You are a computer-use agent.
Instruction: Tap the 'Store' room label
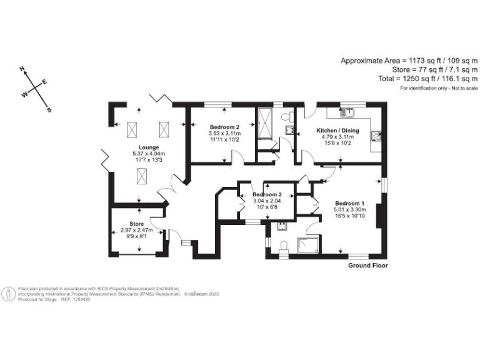point(136,224)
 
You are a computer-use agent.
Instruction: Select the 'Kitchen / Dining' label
point(337,130)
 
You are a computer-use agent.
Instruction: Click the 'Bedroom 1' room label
point(349,203)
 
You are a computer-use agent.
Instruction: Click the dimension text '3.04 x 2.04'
point(267,201)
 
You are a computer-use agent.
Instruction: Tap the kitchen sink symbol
point(347,113)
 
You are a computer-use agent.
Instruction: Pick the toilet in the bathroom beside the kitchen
point(287,117)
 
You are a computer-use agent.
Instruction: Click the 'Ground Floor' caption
point(367,266)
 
